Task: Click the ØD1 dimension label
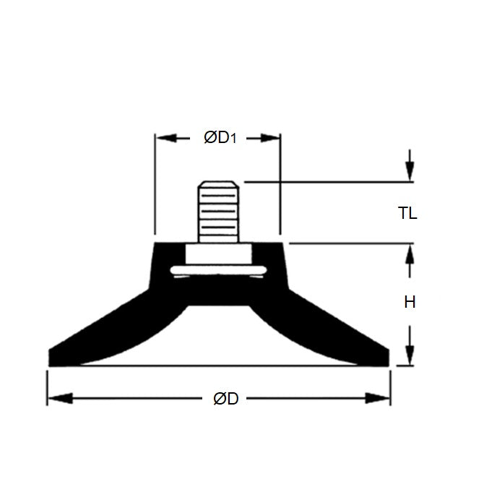pos(220,137)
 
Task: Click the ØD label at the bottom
pos(225,399)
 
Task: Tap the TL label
pos(407,213)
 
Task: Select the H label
pos(410,302)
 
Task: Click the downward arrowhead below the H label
pos(410,355)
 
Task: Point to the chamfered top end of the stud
pos(220,184)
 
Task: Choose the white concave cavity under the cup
pos(220,340)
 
